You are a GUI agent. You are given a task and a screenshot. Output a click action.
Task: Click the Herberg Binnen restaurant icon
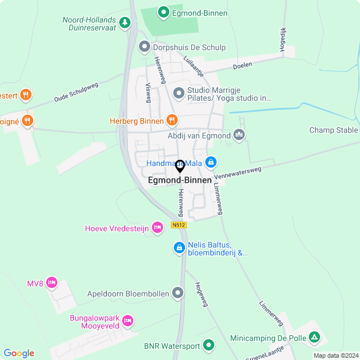click(x=172, y=120)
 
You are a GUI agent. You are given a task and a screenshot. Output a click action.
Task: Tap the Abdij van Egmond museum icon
click(x=239, y=135)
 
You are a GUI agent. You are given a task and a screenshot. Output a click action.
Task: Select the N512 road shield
click(x=179, y=225)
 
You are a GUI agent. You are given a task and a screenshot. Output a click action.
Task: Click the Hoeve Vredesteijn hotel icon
click(x=158, y=227)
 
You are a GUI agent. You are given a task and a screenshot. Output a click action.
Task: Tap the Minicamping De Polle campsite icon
click(x=315, y=338)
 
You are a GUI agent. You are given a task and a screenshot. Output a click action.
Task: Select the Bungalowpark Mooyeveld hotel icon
click(x=128, y=320)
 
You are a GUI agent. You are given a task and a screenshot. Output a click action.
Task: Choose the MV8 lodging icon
click(x=52, y=282)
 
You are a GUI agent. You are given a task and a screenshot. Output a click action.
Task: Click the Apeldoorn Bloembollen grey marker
click(x=178, y=292)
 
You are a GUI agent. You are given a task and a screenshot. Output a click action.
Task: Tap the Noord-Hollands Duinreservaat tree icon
click(x=125, y=23)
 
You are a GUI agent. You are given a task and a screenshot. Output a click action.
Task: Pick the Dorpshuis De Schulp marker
click(x=145, y=47)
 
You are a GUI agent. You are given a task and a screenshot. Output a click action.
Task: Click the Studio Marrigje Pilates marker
click(x=179, y=92)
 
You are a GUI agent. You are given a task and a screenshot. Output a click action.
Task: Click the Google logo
click(x=19, y=353)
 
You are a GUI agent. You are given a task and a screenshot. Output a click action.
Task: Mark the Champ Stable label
click(x=334, y=130)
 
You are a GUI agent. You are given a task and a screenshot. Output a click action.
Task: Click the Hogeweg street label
click(x=201, y=294)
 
